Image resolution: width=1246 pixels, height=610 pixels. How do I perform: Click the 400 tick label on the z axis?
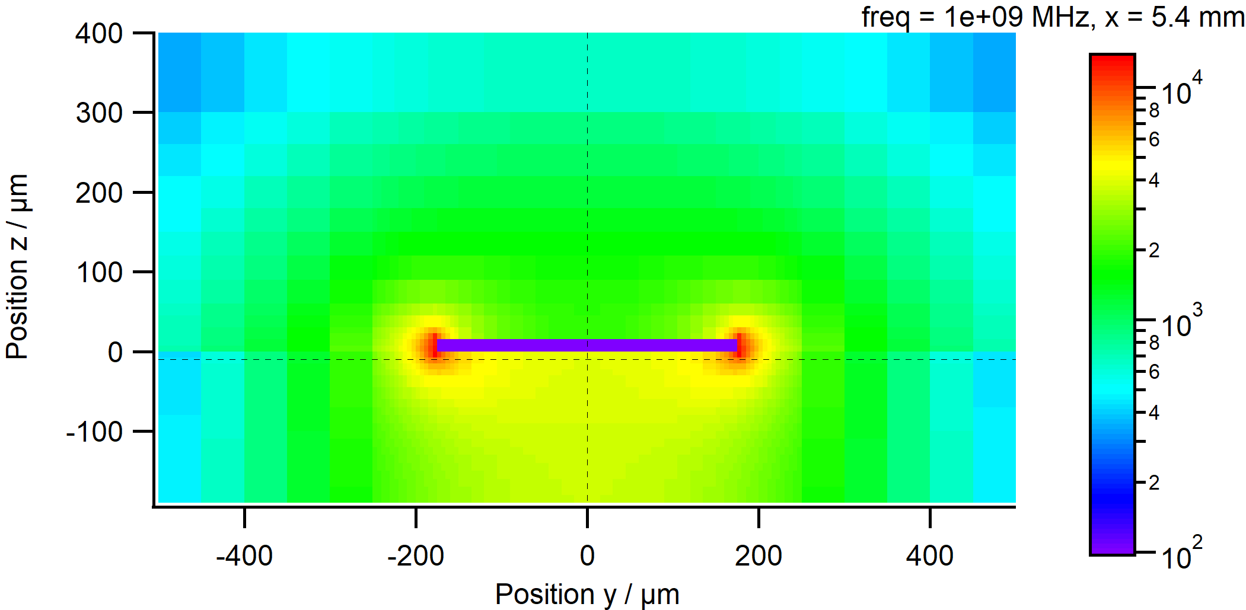pos(98,34)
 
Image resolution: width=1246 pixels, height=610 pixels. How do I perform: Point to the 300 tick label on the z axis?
pos(98,113)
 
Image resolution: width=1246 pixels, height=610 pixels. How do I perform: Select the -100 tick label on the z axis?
pos(94,432)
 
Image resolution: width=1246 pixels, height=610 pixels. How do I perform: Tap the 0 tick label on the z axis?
pos(115,352)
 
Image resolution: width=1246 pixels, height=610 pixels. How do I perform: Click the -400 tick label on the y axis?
pos(244,556)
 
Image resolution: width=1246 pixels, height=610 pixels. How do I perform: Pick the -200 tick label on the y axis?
pos(415,556)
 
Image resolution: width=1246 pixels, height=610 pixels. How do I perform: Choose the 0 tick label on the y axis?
pos(587,556)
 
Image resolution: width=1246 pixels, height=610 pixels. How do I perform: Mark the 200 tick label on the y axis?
pos(759,556)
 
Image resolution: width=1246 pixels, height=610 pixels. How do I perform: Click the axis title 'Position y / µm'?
pos(587,594)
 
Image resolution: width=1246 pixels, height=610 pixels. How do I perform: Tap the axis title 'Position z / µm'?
pos(18,267)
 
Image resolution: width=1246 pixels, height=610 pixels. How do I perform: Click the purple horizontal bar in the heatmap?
pos(587,345)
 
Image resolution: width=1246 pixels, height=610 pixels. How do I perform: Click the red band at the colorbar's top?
pos(1112,63)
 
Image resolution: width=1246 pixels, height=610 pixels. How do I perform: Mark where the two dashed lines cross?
pos(587,359)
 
